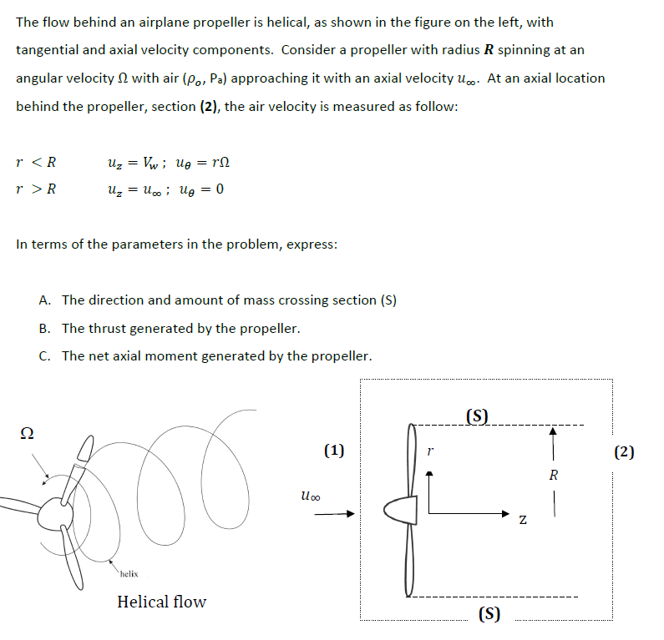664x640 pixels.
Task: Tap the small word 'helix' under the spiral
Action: coord(129,573)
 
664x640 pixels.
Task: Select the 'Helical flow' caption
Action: coord(161,602)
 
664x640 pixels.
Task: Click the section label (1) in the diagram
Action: coord(333,451)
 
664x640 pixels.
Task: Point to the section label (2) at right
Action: coord(624,452)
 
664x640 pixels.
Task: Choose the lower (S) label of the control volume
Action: coord(489,615)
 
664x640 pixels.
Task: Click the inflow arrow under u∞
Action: coord(334,514)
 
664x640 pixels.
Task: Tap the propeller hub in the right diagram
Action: coord(396,509)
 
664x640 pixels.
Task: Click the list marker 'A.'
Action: coord(45,300)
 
